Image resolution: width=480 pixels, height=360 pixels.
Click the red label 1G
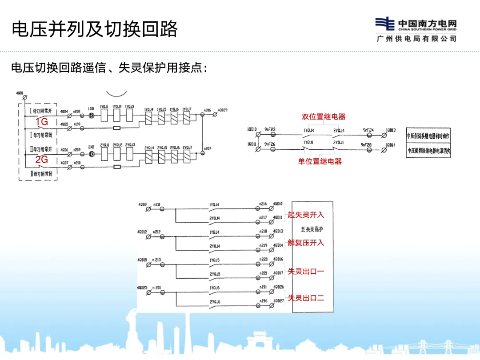(42, 122)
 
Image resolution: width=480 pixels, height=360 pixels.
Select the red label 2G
(42, 160)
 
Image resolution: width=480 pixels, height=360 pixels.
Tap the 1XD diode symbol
(91, 116)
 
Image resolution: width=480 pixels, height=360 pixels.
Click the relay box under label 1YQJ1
(105, 116)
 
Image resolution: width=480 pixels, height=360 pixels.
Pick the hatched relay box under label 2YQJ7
(187, 155)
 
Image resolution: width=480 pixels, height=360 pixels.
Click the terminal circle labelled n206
(203, 115)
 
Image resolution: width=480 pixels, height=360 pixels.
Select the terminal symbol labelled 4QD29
(216, 115)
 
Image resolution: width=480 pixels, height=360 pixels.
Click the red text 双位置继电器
(324, 117)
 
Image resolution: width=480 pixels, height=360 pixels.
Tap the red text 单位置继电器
(320, 162)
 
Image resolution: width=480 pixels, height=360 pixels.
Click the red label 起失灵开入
(306, 215)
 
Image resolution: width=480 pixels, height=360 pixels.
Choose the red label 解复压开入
(306, 243)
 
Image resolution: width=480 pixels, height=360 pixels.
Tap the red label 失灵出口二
(306, 298)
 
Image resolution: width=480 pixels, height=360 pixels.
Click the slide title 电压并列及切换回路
(95, 29)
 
